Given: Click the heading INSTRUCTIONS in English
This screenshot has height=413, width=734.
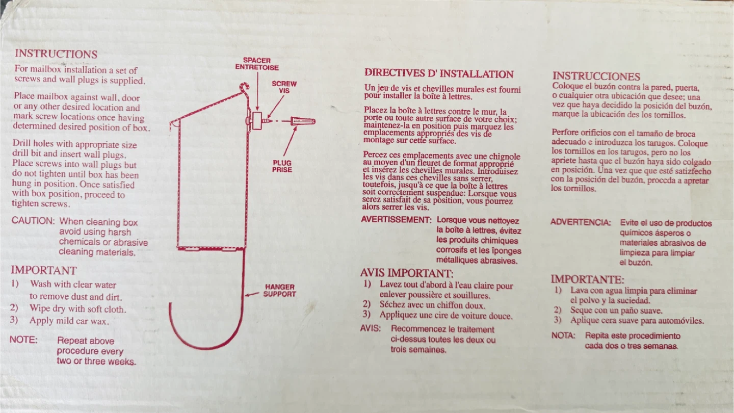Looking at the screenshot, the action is (x=56, y=54).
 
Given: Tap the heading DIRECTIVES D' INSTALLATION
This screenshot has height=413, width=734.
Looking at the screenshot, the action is (x=439, y=73).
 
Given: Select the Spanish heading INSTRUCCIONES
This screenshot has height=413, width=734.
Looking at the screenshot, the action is (x=596, y=76).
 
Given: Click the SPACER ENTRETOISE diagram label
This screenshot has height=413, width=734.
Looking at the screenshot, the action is (x=257, y=64).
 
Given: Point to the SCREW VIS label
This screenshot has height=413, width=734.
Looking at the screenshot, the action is (x=284, y=87).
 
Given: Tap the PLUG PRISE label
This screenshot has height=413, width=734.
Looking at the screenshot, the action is (x=282, y=166).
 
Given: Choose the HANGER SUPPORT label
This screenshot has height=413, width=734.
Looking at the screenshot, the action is (x=279, y=291).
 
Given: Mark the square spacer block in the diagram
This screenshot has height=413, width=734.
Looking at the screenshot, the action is (x=257, y=121).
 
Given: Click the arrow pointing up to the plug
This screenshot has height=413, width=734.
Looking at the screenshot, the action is (x=290, y=141).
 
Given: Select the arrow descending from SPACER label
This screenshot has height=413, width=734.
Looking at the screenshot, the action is (x=257, y=91).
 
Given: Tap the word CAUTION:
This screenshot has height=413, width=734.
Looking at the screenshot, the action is (x=33, y=221).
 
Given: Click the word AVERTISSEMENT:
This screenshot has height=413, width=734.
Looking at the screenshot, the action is (x=396, y=220).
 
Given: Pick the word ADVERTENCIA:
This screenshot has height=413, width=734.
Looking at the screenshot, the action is (x=581, y=222).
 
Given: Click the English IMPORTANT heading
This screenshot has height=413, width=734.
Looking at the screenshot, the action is (x=44, y=270).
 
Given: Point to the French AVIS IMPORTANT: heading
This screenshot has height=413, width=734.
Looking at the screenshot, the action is (x=407, y=273).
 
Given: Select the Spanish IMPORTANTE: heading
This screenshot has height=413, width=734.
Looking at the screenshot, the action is (x=587, y=279).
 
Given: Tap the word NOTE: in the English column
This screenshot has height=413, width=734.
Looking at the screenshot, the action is (x=23, y=340).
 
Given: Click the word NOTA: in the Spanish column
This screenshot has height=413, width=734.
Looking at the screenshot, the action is (x=563, y=335).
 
